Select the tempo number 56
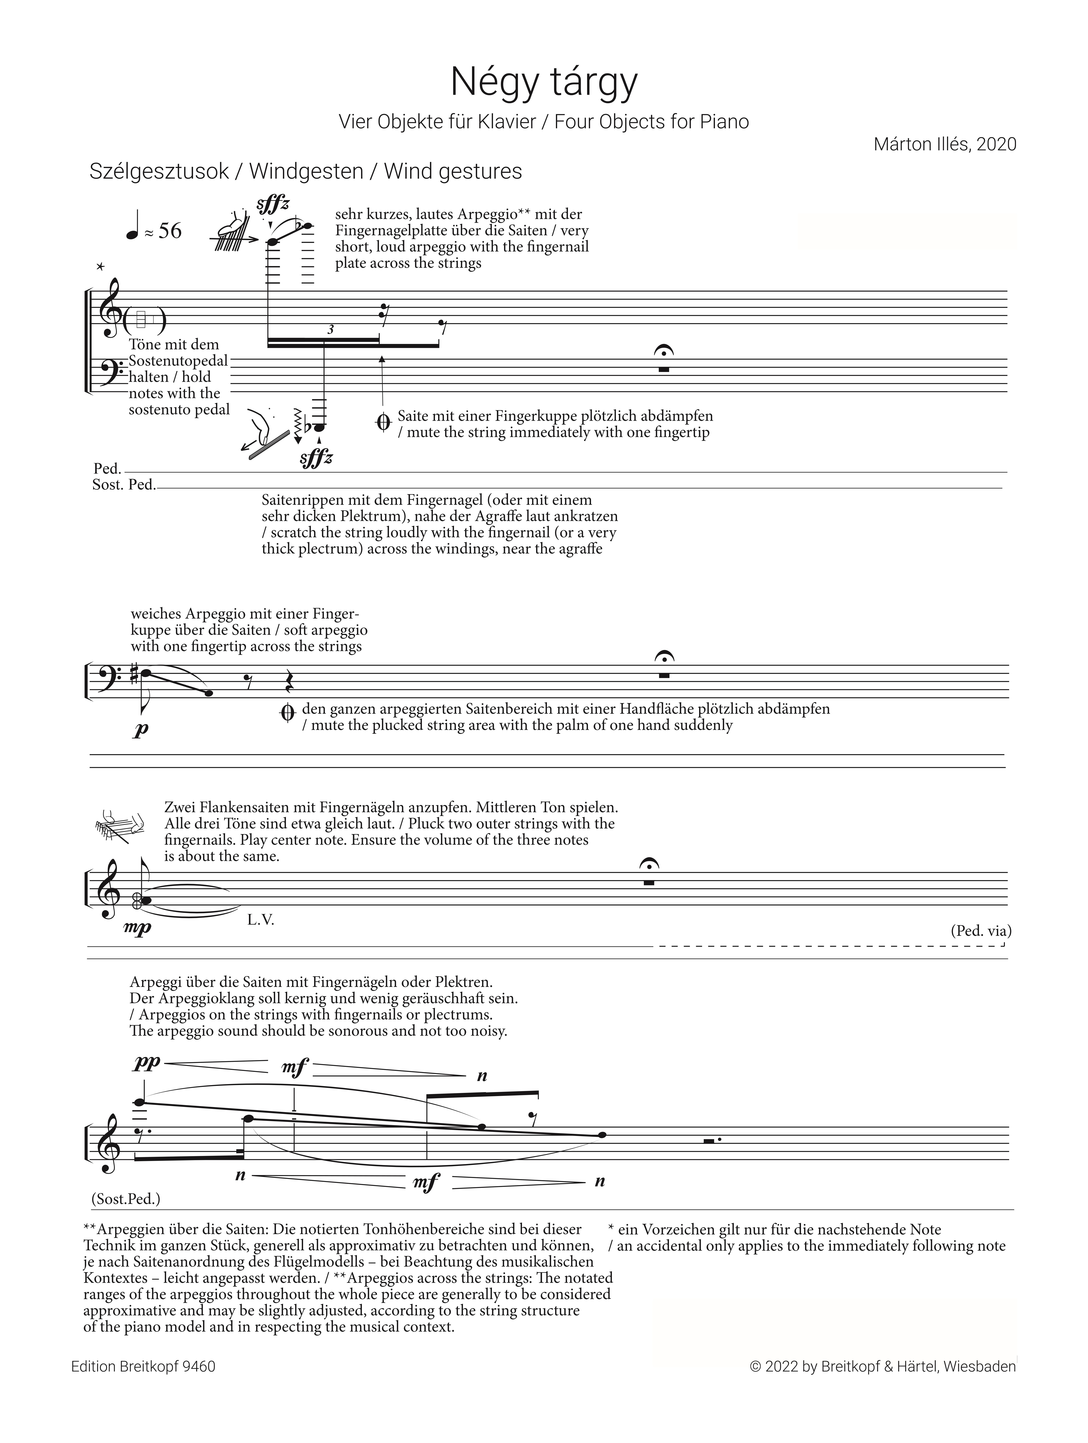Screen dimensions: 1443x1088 tap(170, 231)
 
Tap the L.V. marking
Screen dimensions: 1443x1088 tap(261, 920)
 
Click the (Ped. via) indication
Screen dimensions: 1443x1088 tap(980, 931)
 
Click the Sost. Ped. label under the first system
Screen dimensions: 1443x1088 tap(124, 485)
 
